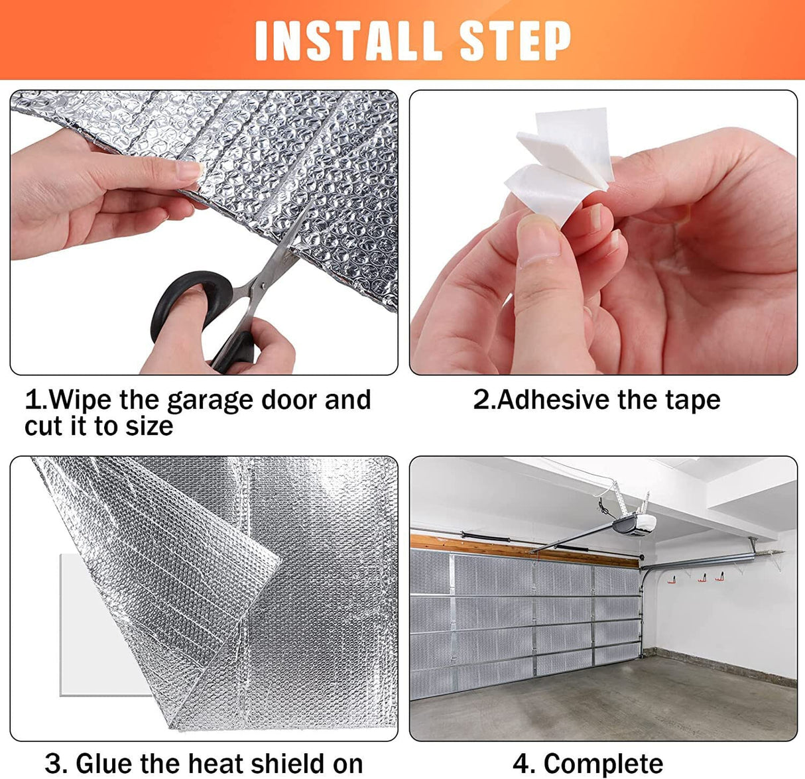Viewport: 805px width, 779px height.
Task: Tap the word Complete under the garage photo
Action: click(x=603, y=764)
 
